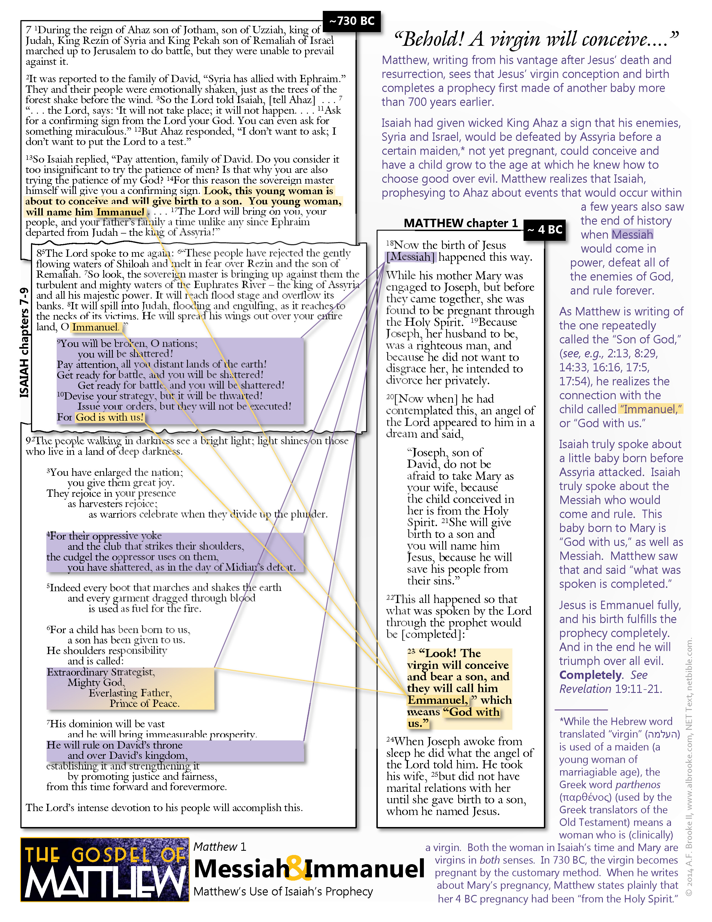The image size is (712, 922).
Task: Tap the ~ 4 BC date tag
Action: [x=544, y=230]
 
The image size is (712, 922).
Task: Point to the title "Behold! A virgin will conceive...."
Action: [x=536, y=39]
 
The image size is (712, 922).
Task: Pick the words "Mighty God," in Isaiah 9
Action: [x=96, y=682]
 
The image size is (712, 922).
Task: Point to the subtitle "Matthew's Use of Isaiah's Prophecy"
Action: [x=283, y=891]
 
